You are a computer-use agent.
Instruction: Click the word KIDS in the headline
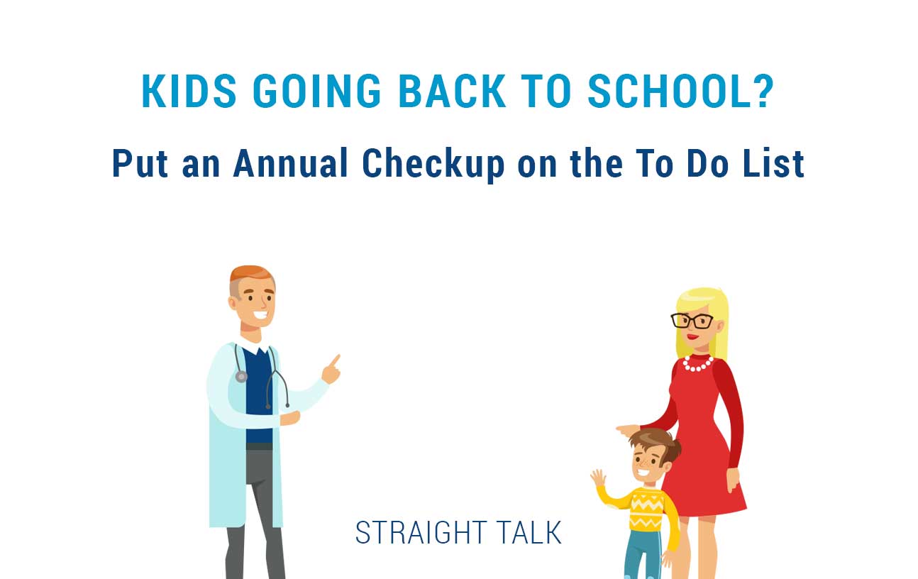[189, 91]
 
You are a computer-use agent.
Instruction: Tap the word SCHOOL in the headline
[665, 91]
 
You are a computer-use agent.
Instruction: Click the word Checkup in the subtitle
[433, 165]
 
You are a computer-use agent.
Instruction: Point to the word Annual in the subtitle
[291, 163]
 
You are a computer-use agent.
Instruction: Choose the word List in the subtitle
[774, 163]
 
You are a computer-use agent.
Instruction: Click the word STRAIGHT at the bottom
[421, 532]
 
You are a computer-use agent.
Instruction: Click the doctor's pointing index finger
[336, 360]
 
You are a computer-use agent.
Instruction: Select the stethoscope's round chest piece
[241, 376]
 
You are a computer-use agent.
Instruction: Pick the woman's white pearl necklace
[697, 364]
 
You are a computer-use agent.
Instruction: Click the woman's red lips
[692, 337]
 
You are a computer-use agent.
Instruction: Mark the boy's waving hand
[598, 478]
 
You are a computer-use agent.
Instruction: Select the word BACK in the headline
[452, 91]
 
